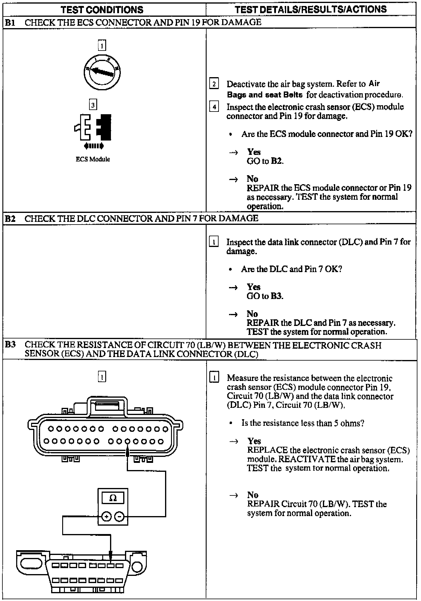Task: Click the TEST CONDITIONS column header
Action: coord(102,10)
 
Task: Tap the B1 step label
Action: coord(10,22)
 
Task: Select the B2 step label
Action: coord(10,219)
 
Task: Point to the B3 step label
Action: coord(10,345)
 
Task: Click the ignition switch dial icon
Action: coord(102,72)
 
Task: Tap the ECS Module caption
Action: coord(93,159)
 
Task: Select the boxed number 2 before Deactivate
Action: coord(214,84)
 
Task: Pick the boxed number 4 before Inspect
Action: coord(214,107)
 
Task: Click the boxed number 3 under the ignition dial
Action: coord(93,105)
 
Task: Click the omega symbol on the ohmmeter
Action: coord(113,498)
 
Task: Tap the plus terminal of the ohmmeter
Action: coord(106,516)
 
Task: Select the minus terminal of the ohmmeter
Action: coord(119,516)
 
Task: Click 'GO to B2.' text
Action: coord(265,161)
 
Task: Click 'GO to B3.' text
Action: coord(265,296)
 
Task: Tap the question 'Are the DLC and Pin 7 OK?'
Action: coord(291,269)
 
